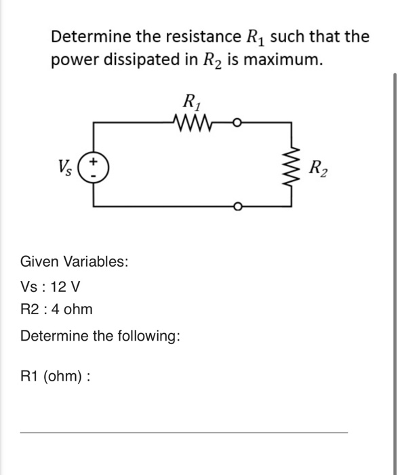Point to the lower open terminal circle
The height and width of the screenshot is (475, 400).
(x=237, y=206)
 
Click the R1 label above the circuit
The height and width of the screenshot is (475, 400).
(x=193, y=104)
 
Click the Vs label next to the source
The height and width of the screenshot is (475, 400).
(x=66, y=166)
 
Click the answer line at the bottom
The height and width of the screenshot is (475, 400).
(x=183, y=432)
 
